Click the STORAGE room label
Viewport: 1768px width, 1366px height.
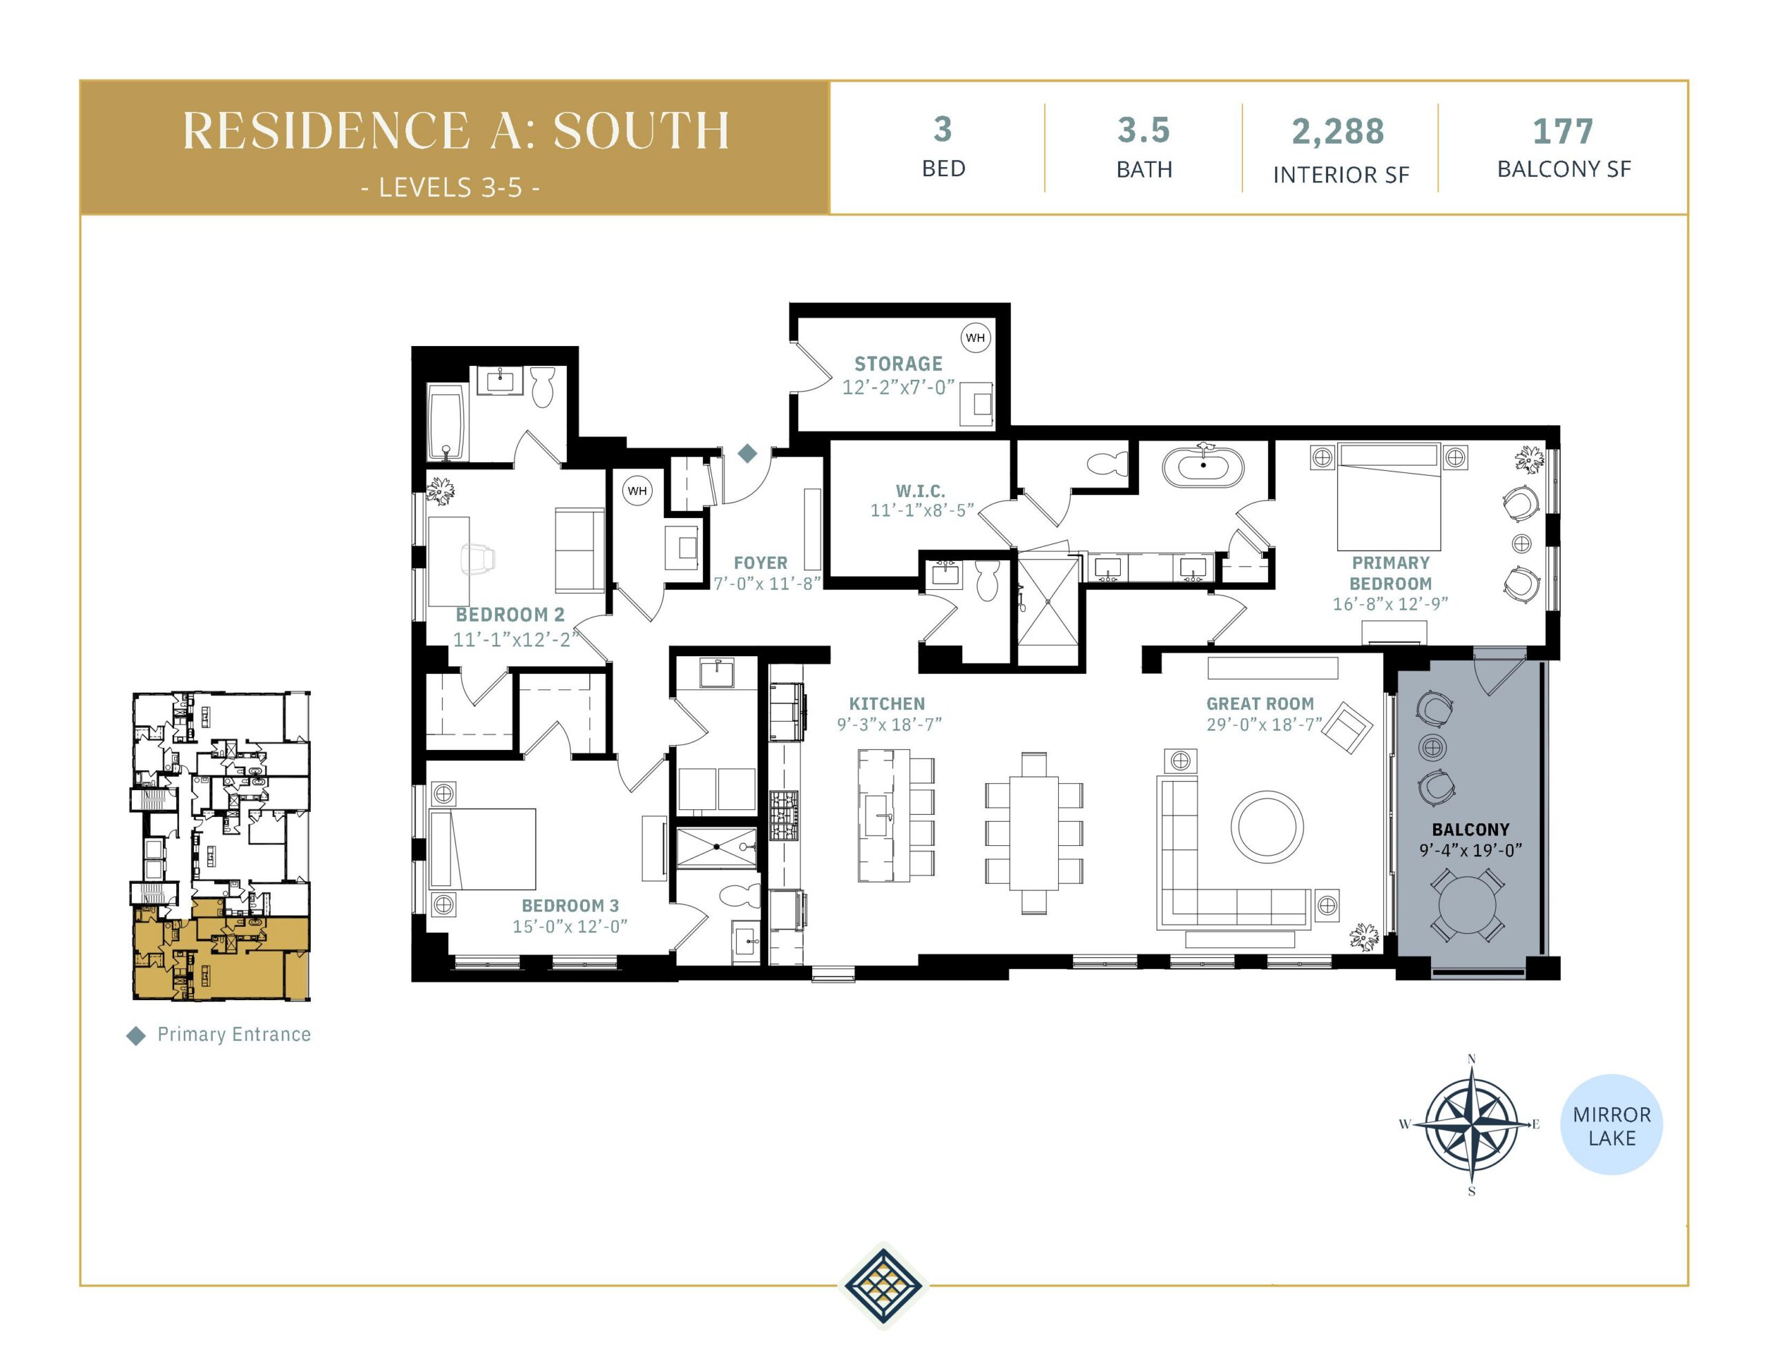pos(898,363)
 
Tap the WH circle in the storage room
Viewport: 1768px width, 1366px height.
pos(974,338)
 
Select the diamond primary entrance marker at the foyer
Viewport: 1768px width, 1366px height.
pos(747,454)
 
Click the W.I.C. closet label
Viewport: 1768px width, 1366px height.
pos(921,491)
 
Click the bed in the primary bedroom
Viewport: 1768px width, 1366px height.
pos(1389,497)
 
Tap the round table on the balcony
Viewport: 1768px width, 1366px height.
pos(1468,905)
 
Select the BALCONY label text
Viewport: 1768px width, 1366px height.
pos(1471,829)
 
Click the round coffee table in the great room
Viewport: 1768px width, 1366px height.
pos(1267,827)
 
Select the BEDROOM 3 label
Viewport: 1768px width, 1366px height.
pos(570,905)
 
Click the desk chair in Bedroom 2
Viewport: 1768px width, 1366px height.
pos(478,559)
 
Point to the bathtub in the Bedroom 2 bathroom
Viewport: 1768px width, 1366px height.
pos(445,423)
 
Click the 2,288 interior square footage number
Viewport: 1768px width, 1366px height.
pos(1338,131)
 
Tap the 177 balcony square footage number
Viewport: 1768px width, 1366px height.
pos(1563,131)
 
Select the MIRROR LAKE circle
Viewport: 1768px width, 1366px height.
pos(1611,1125)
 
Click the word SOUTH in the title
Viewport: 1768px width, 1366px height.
pos(642,131)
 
